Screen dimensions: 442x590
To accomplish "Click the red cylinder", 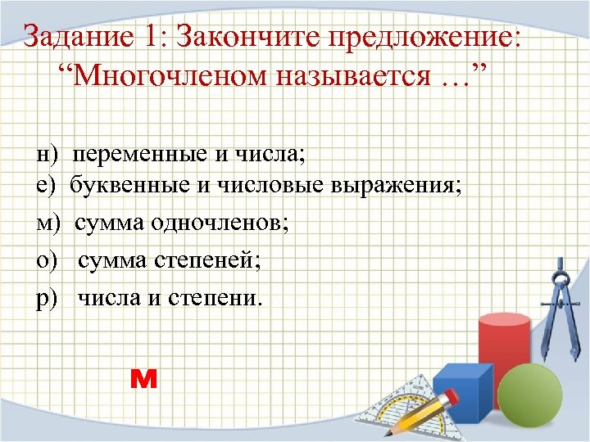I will coord(503,348).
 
